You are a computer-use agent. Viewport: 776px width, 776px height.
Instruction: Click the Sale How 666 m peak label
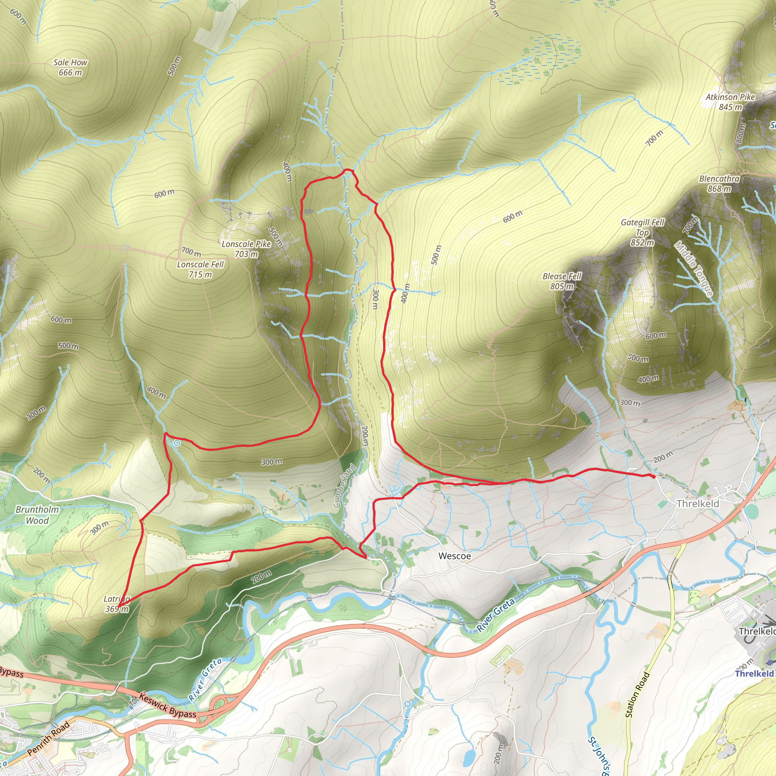pyautogui.click(x=70, y=67)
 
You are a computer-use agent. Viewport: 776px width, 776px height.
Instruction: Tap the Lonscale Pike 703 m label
pyautogui.click(x=246, y=249)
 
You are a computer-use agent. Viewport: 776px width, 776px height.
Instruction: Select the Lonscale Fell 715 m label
pyautogui.click(x=200, y=269)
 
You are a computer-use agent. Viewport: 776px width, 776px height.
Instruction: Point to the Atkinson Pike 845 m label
pyautogui.click(x=730, y=102)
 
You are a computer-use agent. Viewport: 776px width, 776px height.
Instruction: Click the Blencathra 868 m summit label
pyautogui.click(x=720, y=183)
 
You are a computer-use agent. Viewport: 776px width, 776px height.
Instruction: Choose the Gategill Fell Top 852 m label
pyautogui.click(x=642, y=233)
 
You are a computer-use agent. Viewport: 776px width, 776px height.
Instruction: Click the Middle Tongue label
pyautogui.click(x=694, y=269)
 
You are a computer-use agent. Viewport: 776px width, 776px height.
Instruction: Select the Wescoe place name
pyautogui.click(x=455, y=556)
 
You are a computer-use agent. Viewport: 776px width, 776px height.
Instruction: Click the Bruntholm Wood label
pyautogui.click(x=38, y=515)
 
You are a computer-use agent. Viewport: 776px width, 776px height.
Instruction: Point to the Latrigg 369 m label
pyautogui.click(x=116, y=604)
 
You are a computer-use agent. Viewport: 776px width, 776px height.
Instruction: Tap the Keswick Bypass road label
pyautogui.click(x=167, y=705)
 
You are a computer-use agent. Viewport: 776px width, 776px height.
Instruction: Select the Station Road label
pyautogui.click(x=637, y=695)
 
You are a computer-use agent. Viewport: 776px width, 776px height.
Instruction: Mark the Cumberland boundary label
pyautogui.click(x=344, y=486)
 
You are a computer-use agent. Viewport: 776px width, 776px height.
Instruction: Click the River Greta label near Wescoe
pyautogui.click(x=496, y=615)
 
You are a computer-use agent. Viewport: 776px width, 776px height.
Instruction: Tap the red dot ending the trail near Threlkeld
pyautogui.click(x=654, y=476)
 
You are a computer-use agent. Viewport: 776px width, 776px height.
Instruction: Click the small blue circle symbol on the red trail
pyautogui.click(x=176, y=443)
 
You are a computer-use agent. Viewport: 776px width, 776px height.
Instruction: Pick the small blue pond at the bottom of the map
pyautogui.click(x=468, y=757)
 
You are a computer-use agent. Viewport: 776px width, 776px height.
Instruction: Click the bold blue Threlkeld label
pyautogui.click(x=754, y=674)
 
